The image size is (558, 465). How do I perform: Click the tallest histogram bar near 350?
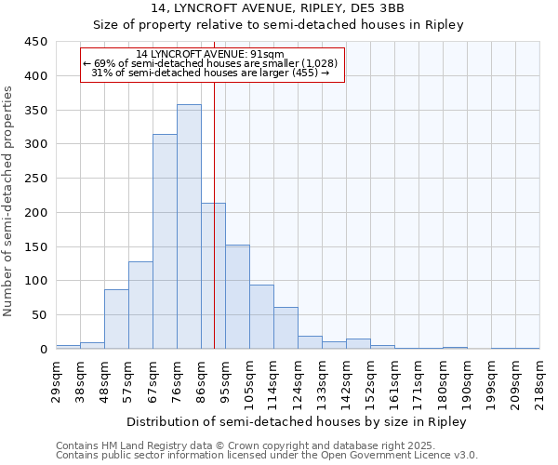click(189, 227)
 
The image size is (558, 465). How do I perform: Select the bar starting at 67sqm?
click(165, 242)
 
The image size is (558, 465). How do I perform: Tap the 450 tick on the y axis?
click(36, 42)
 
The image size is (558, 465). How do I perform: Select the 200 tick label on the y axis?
click(36, 213)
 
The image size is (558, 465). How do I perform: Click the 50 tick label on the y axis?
click(40, 315)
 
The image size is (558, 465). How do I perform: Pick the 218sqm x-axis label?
click(539, 379)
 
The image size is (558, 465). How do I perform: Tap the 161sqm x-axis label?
click(394, 379)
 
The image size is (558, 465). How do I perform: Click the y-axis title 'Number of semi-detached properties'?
click(9, 201)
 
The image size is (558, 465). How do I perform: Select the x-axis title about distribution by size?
click(295, 421)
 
